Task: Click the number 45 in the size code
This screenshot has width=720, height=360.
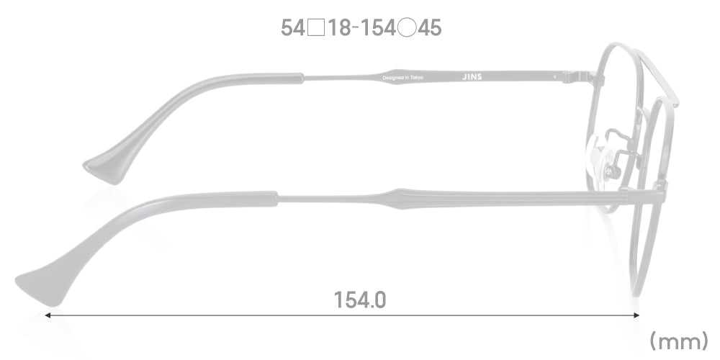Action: (x=429, y=28)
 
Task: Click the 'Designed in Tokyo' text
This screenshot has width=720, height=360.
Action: (x=403, y=76)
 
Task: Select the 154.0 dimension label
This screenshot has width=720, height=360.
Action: (x=360, y=299)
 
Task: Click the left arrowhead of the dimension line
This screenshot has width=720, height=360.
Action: (x=49, y=315)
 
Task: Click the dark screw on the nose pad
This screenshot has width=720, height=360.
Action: (x=614, y=172)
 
